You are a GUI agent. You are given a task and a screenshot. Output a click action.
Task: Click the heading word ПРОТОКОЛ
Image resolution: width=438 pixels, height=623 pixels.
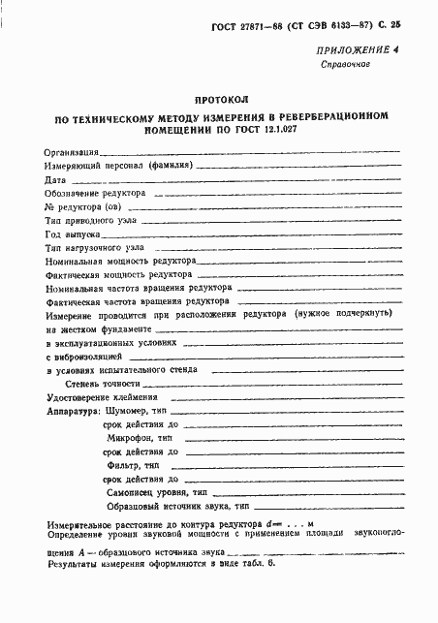click(x=222, y=100)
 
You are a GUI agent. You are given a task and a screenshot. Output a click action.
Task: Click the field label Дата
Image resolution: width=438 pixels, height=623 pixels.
click(x=55, y=180)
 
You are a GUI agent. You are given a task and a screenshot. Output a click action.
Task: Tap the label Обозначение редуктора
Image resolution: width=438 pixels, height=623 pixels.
click(x=95, y=194)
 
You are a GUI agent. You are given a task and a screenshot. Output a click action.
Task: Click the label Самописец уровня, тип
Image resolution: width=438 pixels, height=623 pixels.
click(x=156, y=492)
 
